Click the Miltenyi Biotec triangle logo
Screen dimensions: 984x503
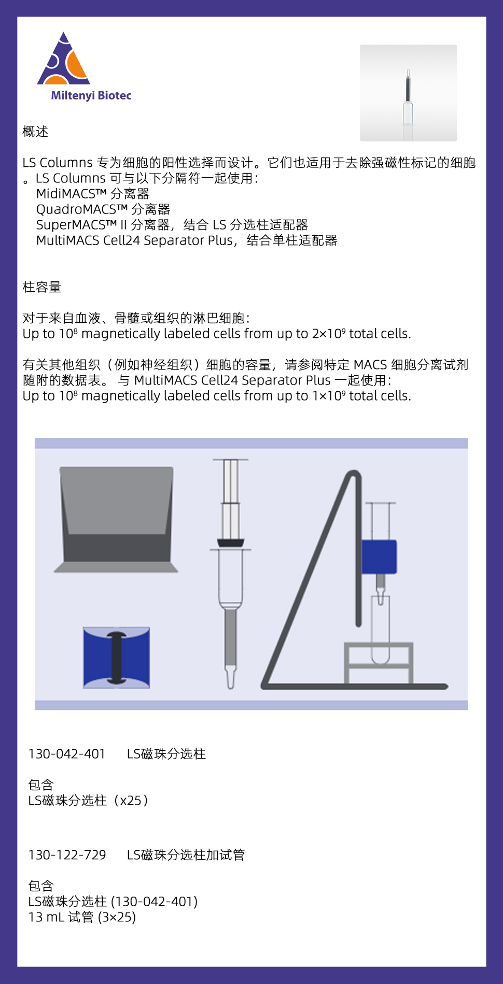pos(64,62)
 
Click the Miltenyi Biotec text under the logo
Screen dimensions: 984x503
pos(91,96)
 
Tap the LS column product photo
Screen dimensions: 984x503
pos(408,93)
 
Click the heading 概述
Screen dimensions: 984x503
pos(35,132)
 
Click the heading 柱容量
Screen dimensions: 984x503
pos(42,287)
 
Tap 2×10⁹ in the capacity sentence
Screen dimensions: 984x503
pos(328,334)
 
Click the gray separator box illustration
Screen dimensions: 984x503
pos(116,518)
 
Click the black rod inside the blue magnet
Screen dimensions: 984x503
pos(117,658)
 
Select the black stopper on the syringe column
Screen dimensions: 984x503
pos(230,543)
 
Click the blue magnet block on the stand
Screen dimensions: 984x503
pos(379,557)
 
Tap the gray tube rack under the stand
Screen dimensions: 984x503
pos(379,663)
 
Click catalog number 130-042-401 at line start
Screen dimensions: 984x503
pos(67,754)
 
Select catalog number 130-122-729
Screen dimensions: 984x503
pos(67,855)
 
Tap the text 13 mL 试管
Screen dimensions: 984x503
pos(61,917)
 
